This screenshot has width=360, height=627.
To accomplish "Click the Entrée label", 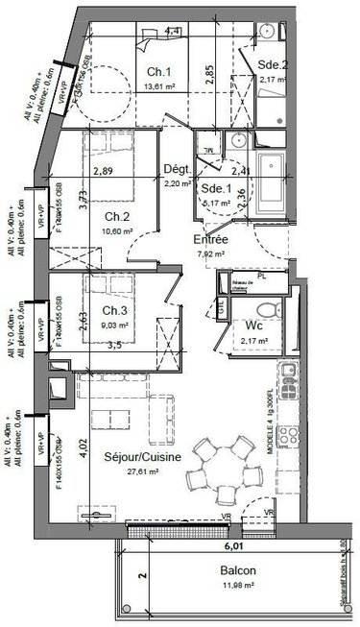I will (210, 239).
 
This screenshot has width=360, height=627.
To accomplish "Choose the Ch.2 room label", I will (118, 216).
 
